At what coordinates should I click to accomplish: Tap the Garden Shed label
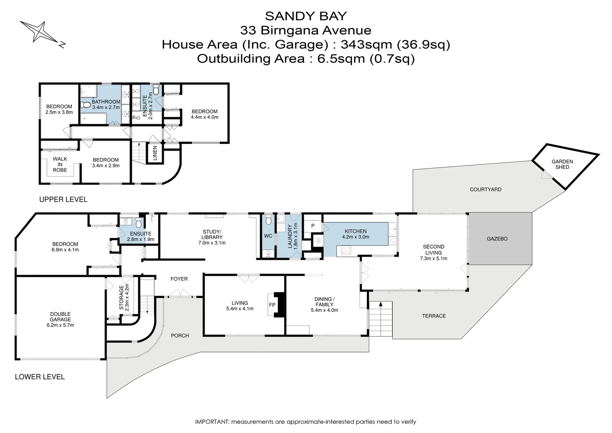tap(562, 164)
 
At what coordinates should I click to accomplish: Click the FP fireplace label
tap(272, 305)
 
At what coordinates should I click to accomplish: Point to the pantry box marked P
tap(312, 226)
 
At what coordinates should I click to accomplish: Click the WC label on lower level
tap(268, 236)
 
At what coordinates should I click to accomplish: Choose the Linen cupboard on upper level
tap(155, 153)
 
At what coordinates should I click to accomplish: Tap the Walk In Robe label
tap(60, 164)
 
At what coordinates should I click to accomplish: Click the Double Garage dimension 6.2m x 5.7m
tap(60, 325)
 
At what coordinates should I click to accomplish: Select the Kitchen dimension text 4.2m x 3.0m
tap(355, 237)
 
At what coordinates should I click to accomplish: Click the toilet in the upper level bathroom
tap(85, 105)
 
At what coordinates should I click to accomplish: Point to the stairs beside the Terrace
tap(380, 320)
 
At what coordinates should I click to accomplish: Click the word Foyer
tap(179, 279)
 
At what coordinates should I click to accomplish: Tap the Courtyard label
tap(485, 189)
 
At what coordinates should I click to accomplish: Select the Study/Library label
tap(211, 235)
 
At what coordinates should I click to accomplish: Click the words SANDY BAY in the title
tap(306, 16)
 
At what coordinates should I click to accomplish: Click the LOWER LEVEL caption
tap(40, 377)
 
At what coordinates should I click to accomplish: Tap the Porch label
tap(180, 336)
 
